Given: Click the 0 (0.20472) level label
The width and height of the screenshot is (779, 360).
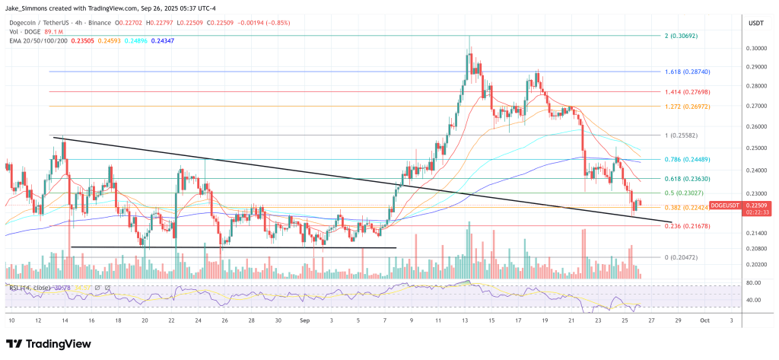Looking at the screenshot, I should tap(680, 257).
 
